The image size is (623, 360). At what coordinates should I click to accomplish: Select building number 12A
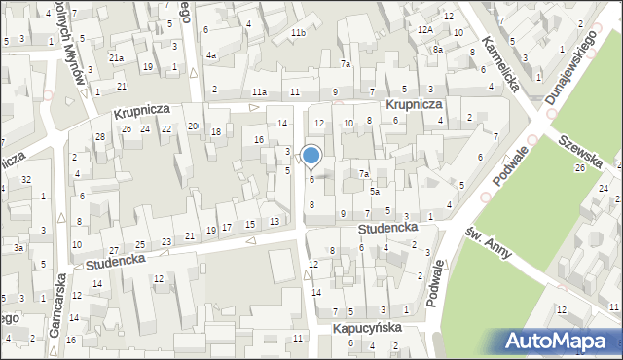425,30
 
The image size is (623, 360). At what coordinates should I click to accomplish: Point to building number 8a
438,50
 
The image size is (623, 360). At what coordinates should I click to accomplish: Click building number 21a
116,58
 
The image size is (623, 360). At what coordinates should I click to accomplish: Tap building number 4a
210,55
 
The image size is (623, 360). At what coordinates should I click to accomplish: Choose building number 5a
374,192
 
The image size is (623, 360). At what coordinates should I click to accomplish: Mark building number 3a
18,248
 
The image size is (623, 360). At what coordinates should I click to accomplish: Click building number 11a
259,92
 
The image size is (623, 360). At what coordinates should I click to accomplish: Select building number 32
26,179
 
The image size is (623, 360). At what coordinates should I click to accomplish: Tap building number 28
100,137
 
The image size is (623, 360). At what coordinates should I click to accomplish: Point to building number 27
114,251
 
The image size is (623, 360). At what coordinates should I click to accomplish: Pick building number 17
227,227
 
